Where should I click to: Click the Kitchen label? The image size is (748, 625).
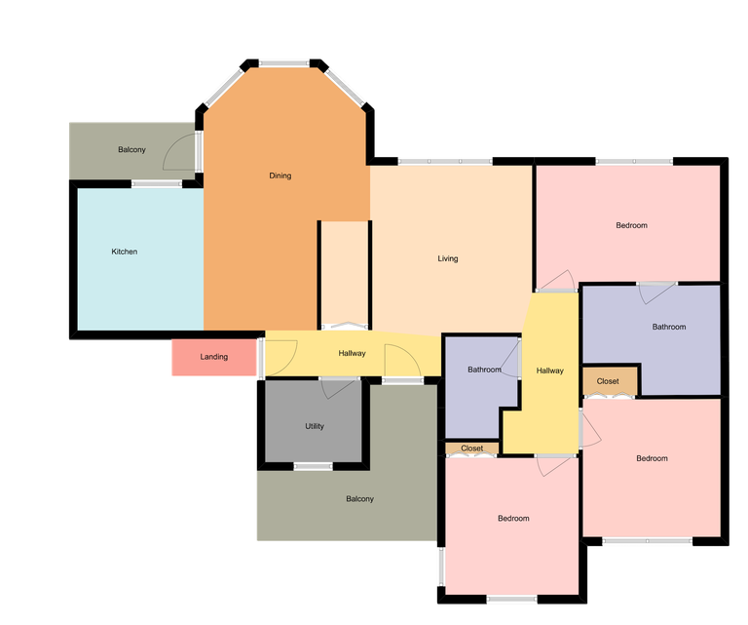coord(124,252)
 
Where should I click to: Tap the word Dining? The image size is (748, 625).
coord(280,176)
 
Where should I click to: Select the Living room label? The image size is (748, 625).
coord(447,258)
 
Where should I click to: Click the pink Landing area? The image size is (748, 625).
coord(214,357)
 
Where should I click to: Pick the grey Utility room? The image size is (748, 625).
coord(314,426)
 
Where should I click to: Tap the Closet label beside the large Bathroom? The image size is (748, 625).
coord(608,381)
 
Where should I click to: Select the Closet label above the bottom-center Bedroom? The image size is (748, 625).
coord(472,449)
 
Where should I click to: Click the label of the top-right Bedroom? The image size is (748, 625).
coord(631,225)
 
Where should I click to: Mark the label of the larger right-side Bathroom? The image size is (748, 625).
coord(669,327)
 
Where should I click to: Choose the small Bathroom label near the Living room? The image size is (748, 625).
coord(484,370)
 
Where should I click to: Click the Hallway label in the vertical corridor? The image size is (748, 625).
coord(550,371)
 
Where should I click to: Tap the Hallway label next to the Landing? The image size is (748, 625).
coord(352,353)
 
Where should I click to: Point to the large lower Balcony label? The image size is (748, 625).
coord(359,499)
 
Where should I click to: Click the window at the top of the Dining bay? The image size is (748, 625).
coord(283,63)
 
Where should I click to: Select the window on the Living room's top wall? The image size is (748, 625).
coord(444,160)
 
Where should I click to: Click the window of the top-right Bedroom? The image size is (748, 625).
coord(634,160)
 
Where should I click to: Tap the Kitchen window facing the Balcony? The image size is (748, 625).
coord(157,183)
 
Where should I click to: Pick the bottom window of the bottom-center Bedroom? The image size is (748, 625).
coord(512,600)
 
